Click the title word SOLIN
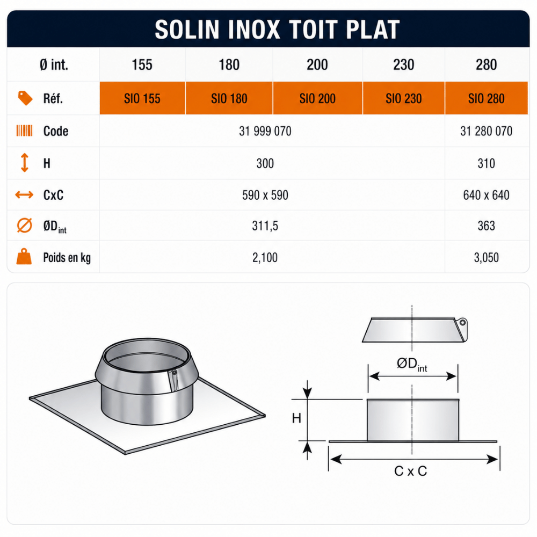pos(187,30)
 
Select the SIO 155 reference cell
pos(142,98)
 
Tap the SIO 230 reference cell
pos(404,98)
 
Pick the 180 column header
pos(229,65)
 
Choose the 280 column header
pos(487,65)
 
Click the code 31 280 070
pos(487,131)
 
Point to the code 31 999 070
pos(265,131)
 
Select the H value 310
pos(487,163)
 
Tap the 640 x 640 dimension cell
pos(487,195)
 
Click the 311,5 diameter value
pos(265,226)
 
